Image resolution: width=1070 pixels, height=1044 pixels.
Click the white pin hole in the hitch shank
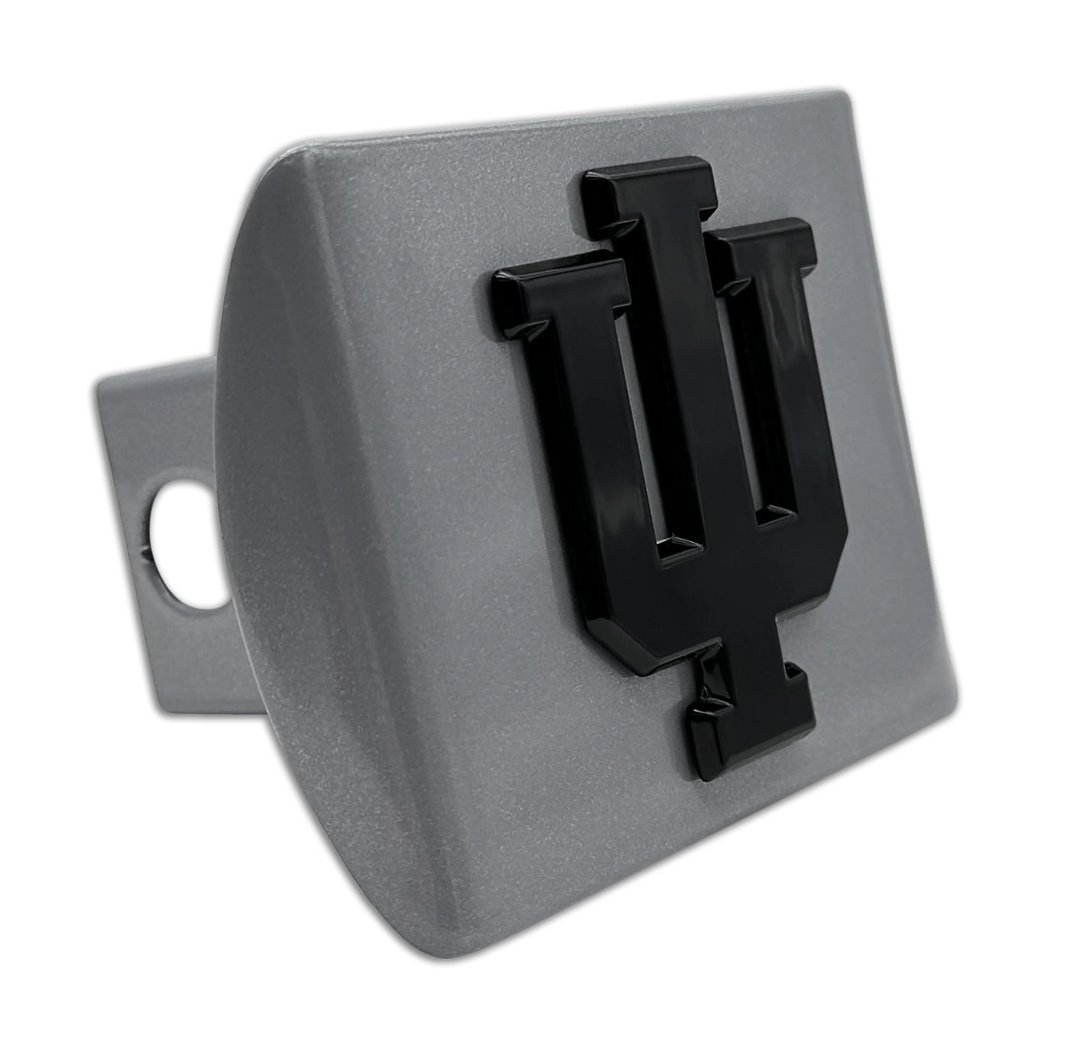click(x=187, y=544)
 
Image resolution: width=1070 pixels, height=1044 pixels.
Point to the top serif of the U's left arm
click(x=561, y=294)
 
